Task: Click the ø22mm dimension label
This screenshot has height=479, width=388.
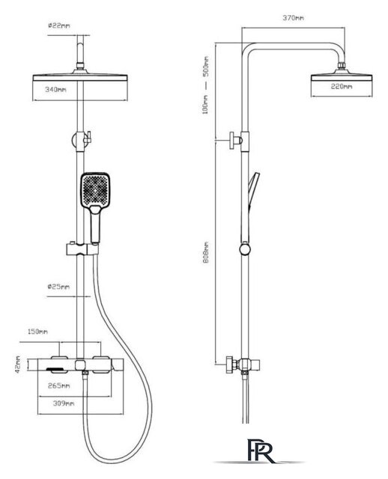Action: coord(59,25)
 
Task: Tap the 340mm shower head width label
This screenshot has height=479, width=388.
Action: coord(55,90)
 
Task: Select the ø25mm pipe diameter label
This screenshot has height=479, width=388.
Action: coord(58,287)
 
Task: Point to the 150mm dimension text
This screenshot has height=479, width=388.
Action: coord(37,332)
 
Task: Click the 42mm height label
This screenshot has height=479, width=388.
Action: coord(18,364)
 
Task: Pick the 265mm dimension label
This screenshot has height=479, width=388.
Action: coord(59,386)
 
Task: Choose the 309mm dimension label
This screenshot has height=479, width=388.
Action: coord(64,403)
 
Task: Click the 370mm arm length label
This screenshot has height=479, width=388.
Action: coord(293,18)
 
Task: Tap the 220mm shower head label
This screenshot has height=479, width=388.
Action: coord(342,87)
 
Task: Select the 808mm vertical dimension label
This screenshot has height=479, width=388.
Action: coord(207,253)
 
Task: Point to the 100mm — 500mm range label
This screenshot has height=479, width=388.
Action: coord(207,85)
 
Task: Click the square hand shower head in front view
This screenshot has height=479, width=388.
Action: coord(95,190)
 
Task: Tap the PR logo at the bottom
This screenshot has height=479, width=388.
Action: coord(260,451)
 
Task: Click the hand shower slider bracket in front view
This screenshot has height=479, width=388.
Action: coord(82,249)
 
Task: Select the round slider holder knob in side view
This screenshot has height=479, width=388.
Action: coord(245,249)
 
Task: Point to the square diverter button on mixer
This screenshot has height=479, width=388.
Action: coord(80,365)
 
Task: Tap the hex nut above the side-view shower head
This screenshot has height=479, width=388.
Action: coord(342,66)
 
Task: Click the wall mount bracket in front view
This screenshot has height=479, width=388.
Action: coord(82,141)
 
